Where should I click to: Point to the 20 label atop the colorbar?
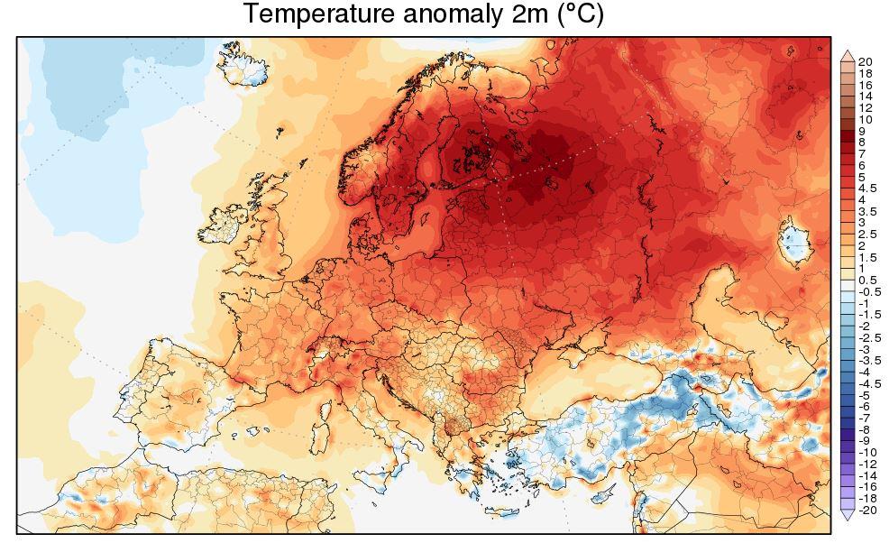point(866,61)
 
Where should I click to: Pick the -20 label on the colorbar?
point(867,511)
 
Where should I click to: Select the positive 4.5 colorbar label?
point(867,189)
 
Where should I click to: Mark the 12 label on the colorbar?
point(866,107)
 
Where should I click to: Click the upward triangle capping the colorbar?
point(848,56)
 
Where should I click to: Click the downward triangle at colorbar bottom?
point(848,514)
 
